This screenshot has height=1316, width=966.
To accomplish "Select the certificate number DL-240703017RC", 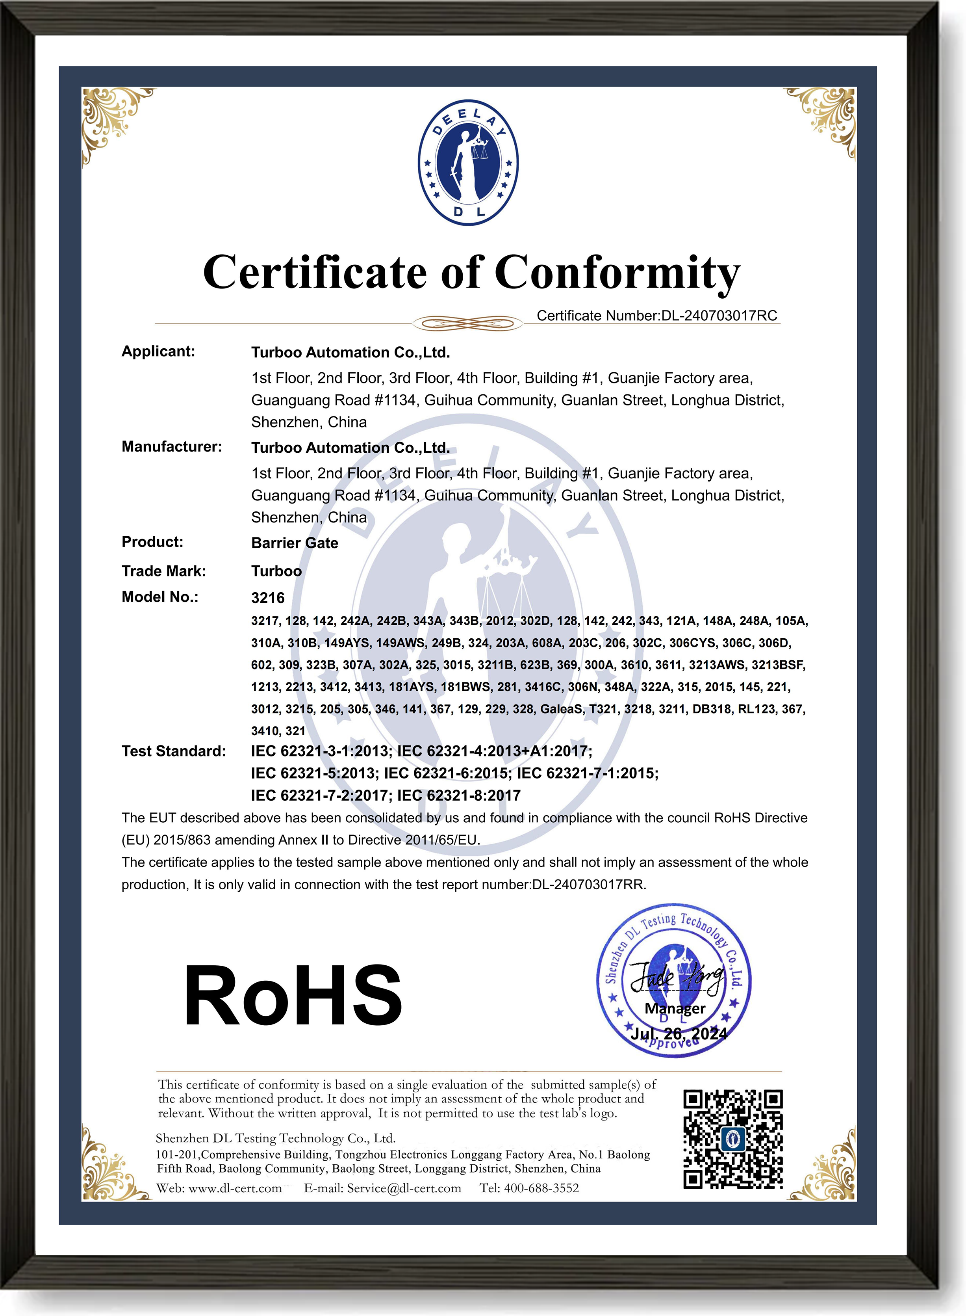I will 719,316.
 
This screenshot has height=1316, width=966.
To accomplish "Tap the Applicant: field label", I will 158,351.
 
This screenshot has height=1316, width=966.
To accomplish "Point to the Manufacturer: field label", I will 171,447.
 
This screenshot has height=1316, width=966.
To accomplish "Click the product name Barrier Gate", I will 294,543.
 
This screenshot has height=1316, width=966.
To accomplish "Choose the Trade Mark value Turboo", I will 276,571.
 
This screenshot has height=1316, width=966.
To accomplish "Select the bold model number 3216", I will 267,598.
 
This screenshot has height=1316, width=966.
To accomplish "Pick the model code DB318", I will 711,709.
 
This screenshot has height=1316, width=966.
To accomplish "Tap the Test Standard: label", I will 173,751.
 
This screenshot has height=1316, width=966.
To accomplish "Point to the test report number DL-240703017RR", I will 588,884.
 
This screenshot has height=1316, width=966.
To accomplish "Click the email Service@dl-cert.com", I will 404,1188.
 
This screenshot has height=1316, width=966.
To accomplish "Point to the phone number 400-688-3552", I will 541,1188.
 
